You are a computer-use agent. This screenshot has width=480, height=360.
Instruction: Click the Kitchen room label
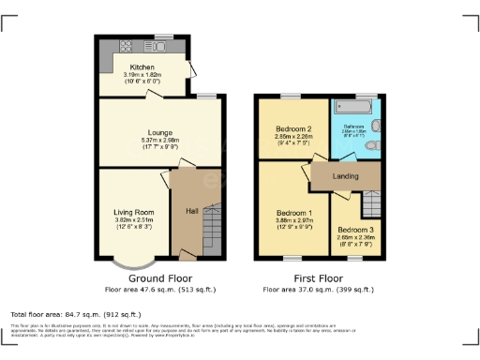142,67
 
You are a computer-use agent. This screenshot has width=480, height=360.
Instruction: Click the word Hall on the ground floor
191,211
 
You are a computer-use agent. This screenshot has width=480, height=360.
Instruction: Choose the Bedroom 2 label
292,129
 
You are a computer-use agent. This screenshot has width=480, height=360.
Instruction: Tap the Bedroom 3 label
355,230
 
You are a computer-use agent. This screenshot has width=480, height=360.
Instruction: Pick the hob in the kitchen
125,46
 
